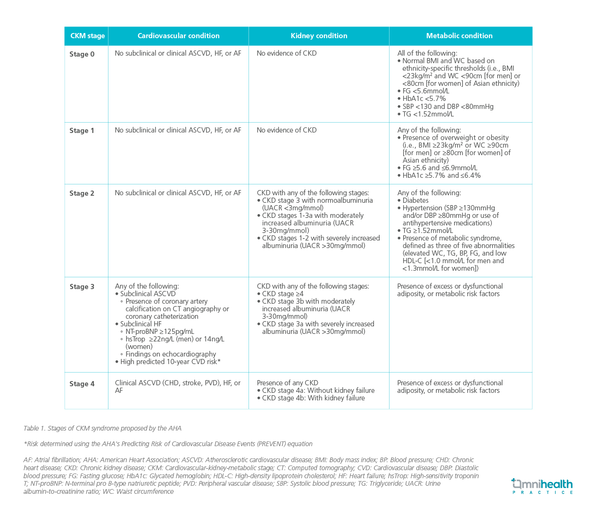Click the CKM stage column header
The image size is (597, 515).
[x=87, y=36]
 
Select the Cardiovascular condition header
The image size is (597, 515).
[x=178, y=36]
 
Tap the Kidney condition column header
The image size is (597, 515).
[x=319, y=36]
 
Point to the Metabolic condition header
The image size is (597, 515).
[x=459, y=36]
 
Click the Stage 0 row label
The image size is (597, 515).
[x=82, y=54]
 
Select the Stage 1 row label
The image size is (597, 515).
[x=82, y=131]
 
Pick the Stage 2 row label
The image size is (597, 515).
[x=82, y=193]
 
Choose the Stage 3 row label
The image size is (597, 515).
[x=82, y=287]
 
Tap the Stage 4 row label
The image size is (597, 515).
[x=82, y=384]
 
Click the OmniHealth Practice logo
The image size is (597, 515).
[x=542, y=486]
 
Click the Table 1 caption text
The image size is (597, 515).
[x=102, y=428]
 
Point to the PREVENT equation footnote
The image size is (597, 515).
[x=168, y=444]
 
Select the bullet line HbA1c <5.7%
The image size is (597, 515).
[x=424, y=99]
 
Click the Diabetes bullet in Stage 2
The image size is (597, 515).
[x=415, y=200]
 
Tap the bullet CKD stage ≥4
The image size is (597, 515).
[x=282, y=294]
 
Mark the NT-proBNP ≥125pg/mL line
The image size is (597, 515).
[x=159, y=332]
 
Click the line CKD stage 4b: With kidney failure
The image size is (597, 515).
[x=313, y=398]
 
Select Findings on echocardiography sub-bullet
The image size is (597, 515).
[x=170, y=354]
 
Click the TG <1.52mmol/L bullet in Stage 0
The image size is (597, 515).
[x=428, y=114]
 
